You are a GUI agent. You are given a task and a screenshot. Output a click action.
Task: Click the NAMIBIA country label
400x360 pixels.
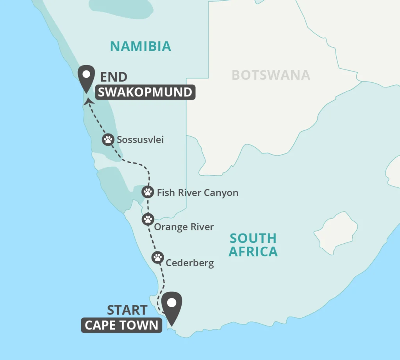[x=140, y=46]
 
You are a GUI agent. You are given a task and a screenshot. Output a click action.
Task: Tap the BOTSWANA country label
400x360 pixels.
[x=271, y=75]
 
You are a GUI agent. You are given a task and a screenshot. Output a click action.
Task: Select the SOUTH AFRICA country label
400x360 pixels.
[x=253, y=245]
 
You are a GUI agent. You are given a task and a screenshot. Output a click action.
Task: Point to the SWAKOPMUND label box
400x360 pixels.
[x=145, y=92]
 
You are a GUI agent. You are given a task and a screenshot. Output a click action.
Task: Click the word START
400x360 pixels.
[x=127, y=310]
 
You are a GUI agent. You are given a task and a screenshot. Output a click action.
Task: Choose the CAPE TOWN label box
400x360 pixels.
[x=121, y=325]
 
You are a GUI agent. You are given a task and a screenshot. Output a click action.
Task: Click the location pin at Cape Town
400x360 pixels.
[x=171, y=305]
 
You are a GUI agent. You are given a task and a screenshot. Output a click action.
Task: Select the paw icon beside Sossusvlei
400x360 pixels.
[x=108, y=139]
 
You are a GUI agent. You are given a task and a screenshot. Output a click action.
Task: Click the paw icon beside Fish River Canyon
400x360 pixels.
[x=147, y=192]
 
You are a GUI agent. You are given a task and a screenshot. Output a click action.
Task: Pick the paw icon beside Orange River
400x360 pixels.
[x=148, y=219]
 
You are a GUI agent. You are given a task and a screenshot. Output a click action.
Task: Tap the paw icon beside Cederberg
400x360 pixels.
[x=157, y=257]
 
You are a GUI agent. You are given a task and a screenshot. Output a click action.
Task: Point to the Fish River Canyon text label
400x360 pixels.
[x=197, y=192]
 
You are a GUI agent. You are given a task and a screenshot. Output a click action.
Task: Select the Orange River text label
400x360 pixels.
[x=184, y=227]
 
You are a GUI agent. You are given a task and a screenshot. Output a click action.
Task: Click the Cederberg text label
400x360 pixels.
[x=190, y=263]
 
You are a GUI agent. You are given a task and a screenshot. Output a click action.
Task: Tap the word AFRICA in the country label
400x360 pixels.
[x=253, y=252]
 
